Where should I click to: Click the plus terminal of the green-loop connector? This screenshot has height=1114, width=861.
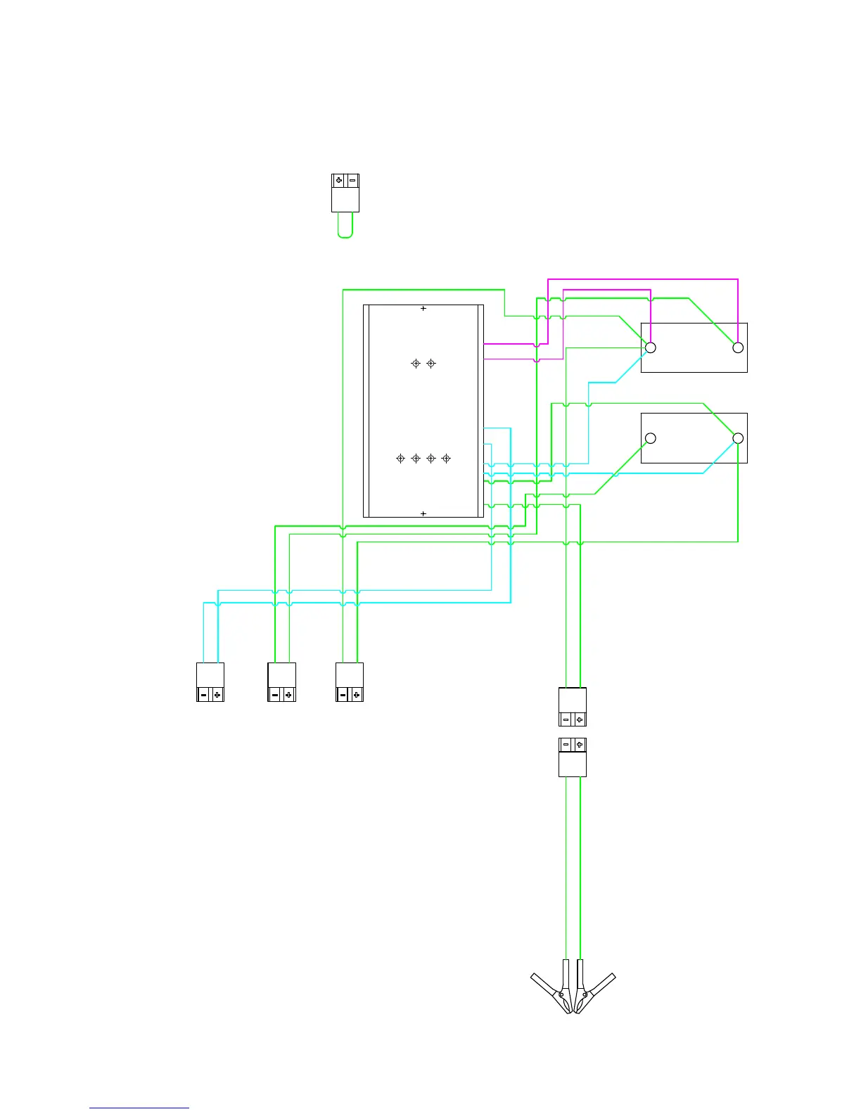339,181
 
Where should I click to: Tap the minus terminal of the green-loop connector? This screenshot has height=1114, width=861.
352,181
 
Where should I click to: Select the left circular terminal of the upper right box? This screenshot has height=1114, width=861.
651,347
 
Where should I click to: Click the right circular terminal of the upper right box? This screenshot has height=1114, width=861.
738,347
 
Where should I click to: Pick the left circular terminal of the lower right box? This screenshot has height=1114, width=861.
651,438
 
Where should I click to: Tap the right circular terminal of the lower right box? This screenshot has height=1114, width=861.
738,438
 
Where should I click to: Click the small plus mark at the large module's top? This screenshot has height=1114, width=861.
423,308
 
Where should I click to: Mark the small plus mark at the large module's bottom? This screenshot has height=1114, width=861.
423,513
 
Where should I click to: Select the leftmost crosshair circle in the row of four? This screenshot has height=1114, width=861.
400,459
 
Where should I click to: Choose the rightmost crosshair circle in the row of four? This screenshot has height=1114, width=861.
446,459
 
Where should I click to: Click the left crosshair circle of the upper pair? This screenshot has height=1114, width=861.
416,364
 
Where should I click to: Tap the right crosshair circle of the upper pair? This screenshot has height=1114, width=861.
431,364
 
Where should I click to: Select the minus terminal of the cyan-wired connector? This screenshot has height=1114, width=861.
203,695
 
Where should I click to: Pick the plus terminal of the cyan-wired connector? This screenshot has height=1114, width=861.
217,695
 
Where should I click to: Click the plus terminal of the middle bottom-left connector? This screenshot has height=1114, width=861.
288,695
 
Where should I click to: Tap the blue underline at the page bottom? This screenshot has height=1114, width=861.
139,1108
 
